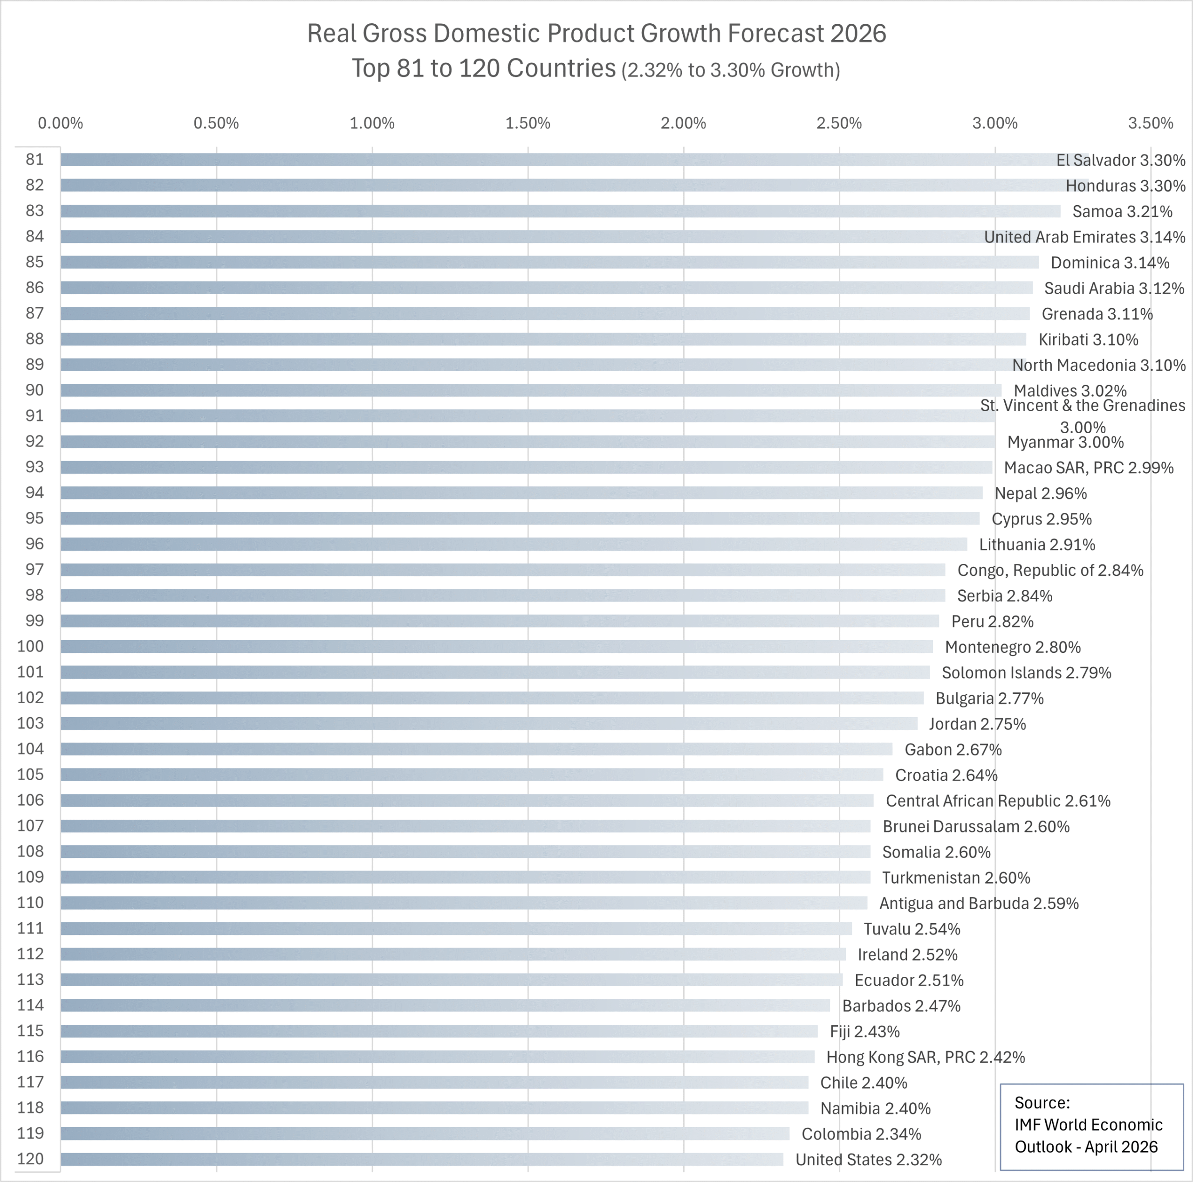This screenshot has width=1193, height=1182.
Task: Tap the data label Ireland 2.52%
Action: tap(907, 954)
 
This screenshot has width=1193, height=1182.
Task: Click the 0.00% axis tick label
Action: tap(61, 123)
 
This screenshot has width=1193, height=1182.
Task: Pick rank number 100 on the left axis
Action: tap(30, 646)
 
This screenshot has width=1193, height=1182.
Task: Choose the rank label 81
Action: tap(34, 160)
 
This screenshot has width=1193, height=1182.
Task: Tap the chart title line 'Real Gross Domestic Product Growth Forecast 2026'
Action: tap(596, 34)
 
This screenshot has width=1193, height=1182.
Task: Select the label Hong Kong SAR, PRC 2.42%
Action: tap(925, 1057)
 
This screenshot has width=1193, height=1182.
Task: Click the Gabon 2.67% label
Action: tap(953, 749)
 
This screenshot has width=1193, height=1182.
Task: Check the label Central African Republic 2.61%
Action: tap(998, 801)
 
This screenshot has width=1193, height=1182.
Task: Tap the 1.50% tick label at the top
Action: tap(528, 123)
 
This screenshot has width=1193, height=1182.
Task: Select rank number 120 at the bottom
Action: tap(30, 1159)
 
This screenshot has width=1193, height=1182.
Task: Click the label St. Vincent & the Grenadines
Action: tap(1083, 406)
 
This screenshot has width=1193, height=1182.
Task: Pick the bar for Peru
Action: tap(499, 621)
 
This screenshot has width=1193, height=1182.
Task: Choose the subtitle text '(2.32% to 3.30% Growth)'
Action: tap(731, 70)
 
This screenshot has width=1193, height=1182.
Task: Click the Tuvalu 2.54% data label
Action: tap(912, 929)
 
